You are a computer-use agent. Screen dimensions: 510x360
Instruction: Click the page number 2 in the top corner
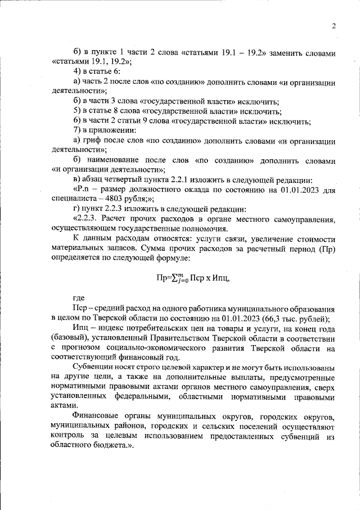click(x=334, y=25)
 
